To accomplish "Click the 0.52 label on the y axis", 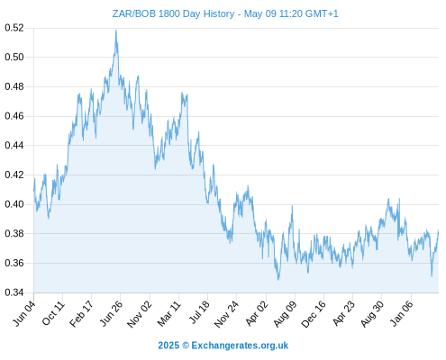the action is click(14, 28).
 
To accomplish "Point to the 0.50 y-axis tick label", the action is click(14, 57).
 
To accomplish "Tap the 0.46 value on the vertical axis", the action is click(14, 116).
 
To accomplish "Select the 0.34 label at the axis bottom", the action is click(14, 292).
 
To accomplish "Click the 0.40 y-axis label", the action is click(14, 204).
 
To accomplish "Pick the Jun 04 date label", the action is click(24, 313).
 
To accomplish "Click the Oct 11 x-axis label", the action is click(53, 313).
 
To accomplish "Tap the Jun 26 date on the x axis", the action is click(111, 313).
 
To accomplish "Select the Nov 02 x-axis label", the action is click(140, 314).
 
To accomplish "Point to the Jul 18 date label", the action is click(199, 312).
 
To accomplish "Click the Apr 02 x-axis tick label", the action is click(256, 313).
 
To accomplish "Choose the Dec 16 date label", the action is click(314, 314).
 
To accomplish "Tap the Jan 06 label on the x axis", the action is click(401, 313).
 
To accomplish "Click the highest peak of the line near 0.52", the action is click(116, 30).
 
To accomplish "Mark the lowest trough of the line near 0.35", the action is click(278, 280).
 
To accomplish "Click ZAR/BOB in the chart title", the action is click(134, 13).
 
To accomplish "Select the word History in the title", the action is click(220, 13).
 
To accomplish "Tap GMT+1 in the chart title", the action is click(322, 13).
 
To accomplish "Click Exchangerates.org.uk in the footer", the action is click(240, 346).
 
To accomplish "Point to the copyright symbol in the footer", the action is click(186, 346).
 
